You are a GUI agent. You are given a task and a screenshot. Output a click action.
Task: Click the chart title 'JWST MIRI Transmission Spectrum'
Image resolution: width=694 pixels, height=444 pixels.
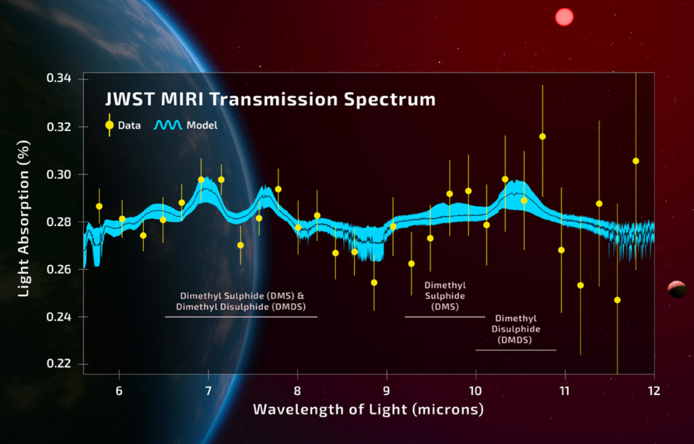pyautogui.click(x=270, y=99)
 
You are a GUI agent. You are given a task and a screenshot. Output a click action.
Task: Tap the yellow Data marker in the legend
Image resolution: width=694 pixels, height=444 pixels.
pyautogui.click(x=109, y=125)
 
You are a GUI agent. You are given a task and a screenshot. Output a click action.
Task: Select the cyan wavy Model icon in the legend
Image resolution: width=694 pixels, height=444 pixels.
pyautogui.click(x=168, y=125)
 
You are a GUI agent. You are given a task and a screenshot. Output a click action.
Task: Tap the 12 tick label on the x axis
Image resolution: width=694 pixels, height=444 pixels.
pyautogui.click(x=654, y=390)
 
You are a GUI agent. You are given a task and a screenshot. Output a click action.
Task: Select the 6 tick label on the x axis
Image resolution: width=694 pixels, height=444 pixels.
pyautogui.click(x=119, y=390)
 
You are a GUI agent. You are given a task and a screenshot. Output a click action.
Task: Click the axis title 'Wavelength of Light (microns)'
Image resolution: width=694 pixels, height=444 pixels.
pyautogui.click(x=368, y=409)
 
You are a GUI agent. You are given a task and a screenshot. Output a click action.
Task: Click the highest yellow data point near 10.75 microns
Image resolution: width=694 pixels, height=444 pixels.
pyautogui.click(x=542, y=136)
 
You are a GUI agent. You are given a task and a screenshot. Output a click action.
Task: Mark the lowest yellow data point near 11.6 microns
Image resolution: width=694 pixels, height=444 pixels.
pyautogui.click(x=617, y=300)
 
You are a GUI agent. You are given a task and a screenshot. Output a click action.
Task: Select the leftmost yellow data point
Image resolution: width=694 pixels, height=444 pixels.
pyautogui.click(x=99, y=206)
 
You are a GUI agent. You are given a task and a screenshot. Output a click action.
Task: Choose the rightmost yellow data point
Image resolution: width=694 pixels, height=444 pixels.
pyautogui.click(x=636, y=161)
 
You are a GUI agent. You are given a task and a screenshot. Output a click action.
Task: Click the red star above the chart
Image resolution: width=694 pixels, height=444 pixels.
pyautogui.click(x=564, y=17)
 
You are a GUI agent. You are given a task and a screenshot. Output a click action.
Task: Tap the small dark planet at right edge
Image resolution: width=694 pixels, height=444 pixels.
pyautogui.click(x=677, y=289)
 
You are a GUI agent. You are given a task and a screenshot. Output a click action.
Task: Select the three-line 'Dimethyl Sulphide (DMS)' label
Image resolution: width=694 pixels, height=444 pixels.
pyautogui.click(x=445, y=296)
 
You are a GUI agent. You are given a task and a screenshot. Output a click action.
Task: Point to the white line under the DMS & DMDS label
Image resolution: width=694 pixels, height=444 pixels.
pyautogui.click(x=241, y=317)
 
